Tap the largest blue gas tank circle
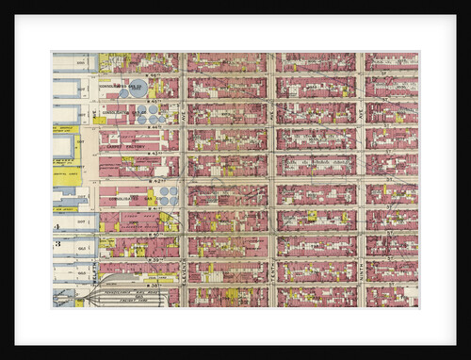pos(138,90)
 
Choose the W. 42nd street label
pos(152,180)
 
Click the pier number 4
pos(57,227)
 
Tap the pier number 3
pos(57,244)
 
